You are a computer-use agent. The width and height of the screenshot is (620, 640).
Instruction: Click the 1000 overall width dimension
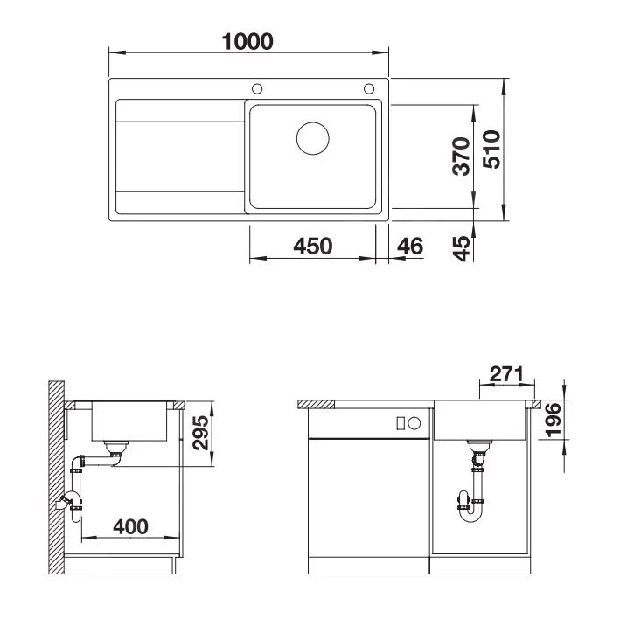coord(248,40)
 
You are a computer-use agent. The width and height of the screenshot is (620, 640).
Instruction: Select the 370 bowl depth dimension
coord(464,156)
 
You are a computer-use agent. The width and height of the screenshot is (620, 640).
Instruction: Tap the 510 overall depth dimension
coord(492,150)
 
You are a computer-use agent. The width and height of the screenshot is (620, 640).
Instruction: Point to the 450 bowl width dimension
coord(312,247)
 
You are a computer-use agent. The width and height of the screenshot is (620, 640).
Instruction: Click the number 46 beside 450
coord(409,247)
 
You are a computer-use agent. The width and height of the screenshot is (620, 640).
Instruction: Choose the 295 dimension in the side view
coord(202,433)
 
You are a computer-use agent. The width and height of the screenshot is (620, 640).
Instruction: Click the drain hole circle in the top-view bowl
coord(312,139)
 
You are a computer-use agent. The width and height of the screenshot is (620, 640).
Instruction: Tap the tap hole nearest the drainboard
coord(258,88)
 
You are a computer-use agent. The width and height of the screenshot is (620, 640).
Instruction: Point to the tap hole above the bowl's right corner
coord(369,88)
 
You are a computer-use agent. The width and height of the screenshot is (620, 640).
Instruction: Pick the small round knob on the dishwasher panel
coord(414,423)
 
